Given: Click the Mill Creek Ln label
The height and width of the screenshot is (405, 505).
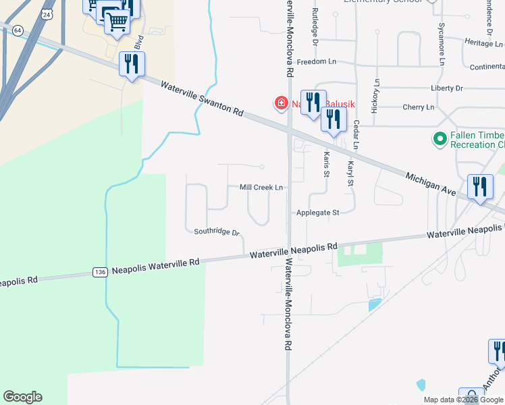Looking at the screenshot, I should click(x=261, y=188).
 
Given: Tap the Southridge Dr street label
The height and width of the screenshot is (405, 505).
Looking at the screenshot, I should click(x=217, y=232).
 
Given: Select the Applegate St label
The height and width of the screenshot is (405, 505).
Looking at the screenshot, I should click(x=317, y=213).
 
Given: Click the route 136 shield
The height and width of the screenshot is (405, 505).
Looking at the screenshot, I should click(x=100, y=272).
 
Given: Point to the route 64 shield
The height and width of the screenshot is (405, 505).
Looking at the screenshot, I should click(x=18, y=30).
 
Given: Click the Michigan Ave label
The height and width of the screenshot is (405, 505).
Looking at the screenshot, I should click(x=431, y=185).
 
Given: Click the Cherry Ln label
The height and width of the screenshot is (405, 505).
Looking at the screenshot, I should click(x=418, y=107).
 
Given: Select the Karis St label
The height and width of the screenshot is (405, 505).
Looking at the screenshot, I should click(x=326, y=164).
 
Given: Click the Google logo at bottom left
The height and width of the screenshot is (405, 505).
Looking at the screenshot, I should click(x=22, y=397).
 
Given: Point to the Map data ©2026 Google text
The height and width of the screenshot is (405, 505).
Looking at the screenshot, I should click(x=463, y=400).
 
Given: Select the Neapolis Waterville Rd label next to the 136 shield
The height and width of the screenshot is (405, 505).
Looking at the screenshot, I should click(x=156, y=264).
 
